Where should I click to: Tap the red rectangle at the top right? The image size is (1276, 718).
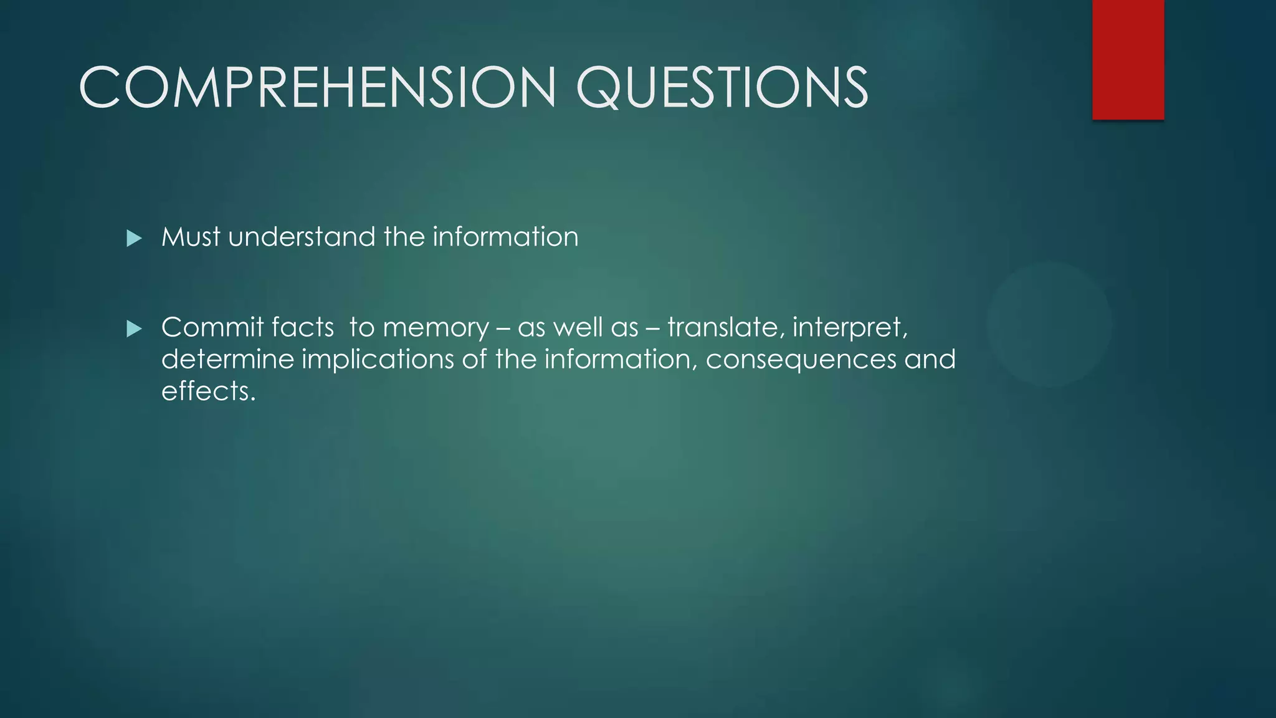[x=1128, y=60]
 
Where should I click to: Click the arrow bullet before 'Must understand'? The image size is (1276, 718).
[x=134, y=238]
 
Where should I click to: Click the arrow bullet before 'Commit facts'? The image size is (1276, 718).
[x=134, y=328]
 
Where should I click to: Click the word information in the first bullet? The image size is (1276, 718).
[x=505, y=237]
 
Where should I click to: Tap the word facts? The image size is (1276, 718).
[x=294, y=327]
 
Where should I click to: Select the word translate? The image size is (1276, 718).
[x=723, y=327]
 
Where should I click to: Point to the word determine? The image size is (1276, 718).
[x=227, y=360]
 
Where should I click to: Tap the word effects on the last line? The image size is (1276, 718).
[x=208, y=391]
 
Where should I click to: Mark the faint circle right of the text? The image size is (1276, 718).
[x=1049, y=323]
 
